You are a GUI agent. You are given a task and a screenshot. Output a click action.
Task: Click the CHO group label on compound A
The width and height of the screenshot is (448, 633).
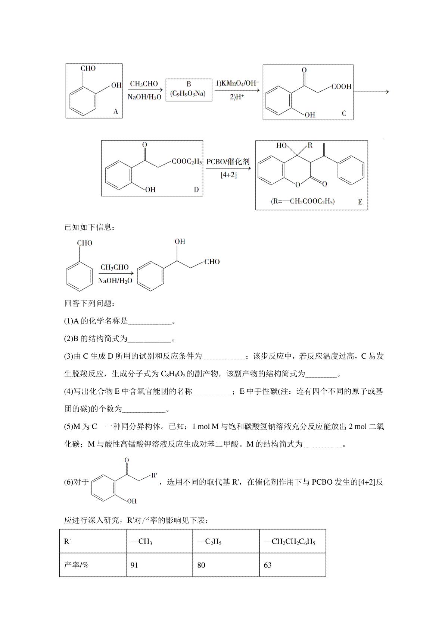point(88,68)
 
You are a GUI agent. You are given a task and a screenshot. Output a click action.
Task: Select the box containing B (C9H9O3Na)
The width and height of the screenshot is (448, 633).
point(189,90)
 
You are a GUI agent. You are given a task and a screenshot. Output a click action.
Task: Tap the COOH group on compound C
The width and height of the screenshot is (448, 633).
point(341,86)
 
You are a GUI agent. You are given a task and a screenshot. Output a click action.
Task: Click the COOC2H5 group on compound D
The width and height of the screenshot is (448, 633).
point(187,161)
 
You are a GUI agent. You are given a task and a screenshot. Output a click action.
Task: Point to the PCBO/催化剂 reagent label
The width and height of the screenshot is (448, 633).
point(228,162)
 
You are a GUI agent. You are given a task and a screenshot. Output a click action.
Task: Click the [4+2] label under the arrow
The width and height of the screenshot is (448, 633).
point(228,174)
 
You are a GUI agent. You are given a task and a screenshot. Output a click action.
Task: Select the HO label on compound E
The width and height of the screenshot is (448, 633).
point(281,145)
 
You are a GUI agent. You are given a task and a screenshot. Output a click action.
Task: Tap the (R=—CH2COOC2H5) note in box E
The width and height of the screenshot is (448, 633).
point(302,201)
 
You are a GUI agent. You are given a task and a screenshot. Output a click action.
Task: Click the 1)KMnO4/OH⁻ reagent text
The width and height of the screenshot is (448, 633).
point(237,83)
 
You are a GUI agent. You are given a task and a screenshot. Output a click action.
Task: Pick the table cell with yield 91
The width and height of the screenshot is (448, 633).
point(159,565)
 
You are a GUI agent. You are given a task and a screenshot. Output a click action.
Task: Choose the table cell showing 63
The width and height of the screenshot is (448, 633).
point(293,565)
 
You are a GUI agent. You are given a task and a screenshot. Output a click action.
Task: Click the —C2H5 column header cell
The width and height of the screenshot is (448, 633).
point(226,541)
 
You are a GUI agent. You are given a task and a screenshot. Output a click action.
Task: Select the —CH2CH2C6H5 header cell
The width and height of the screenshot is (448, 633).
point(293,541)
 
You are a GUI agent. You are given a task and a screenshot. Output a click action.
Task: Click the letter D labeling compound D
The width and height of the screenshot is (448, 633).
point(196,190)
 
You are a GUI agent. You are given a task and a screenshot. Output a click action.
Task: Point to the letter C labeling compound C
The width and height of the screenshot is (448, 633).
point(344,113)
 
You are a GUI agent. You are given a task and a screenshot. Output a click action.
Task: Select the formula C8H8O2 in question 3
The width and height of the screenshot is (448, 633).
point(173,374)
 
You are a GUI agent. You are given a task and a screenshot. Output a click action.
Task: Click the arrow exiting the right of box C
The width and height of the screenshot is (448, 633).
point(371,92)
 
